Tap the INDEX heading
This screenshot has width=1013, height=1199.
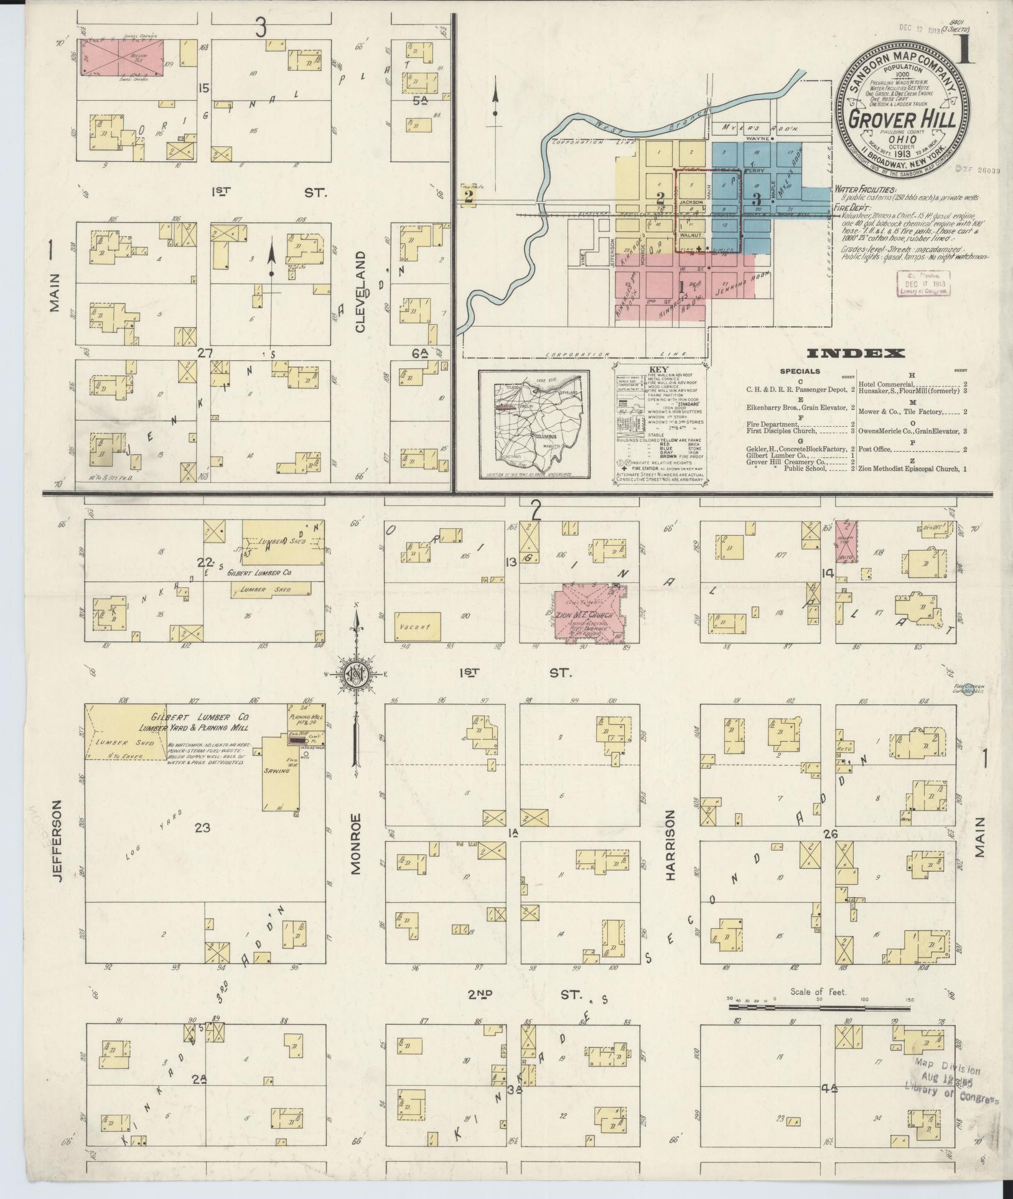tap(856, 354)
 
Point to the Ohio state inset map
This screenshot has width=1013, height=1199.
tap(534, 424)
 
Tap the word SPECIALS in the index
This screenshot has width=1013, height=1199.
tap(800, 371)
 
